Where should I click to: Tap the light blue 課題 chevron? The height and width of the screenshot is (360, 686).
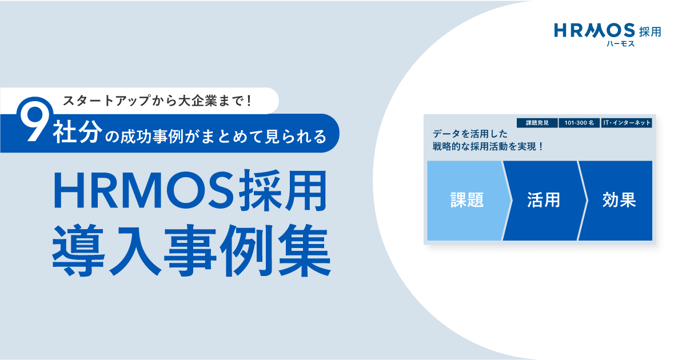[x=467, y=201]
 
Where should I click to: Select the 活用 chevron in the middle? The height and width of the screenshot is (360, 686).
[x=544, y=201]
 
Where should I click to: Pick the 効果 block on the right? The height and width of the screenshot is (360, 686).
[x=616, y=201]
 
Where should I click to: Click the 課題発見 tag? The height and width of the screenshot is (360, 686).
[x=537, y=123]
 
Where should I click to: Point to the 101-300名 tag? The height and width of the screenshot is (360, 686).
[x=579, y=123]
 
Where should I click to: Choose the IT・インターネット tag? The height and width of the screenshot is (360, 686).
[x=627, y=123]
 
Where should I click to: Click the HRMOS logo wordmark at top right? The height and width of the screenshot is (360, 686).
[x=595, y=30]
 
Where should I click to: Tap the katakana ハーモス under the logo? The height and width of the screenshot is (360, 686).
[x=621, y=44]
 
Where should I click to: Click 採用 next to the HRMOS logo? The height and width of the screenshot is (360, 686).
[x=650, y=31]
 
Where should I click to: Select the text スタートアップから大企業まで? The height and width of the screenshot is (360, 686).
[x=157, y=101]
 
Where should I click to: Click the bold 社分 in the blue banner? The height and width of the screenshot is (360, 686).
[x=78, y=132]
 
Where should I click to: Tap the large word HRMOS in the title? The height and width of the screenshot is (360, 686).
[x=143, y=190]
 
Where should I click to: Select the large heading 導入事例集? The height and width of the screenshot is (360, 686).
[x=192, y=250]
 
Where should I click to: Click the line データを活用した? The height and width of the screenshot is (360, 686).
[x=470, y=134]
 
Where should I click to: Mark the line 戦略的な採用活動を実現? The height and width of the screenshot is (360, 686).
[x=488, y=147]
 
